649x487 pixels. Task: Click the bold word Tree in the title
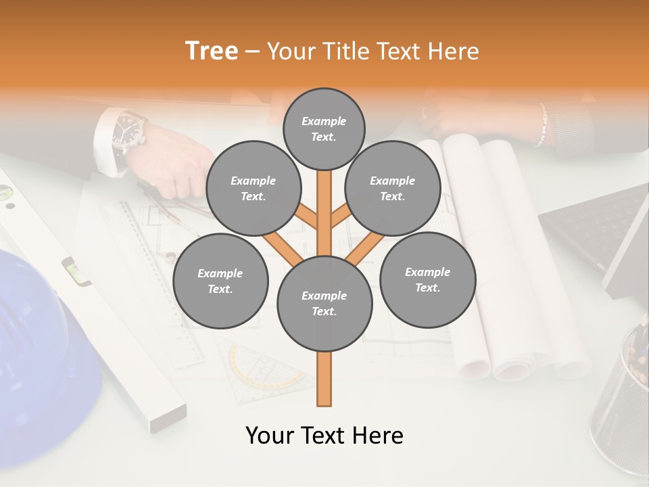click(x=212, y=51)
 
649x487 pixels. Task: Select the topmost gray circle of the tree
click(x=324, y=129)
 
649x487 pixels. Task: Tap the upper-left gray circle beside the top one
click(x=253, y=189)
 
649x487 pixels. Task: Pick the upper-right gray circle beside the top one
click(x=393, y=189)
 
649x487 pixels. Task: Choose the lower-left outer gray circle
click(x=220, y=281)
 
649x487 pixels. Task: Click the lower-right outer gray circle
click(x=428, y=279)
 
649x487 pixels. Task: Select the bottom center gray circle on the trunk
click(x=324, y=303)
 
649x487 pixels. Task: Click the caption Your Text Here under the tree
click(x=324, y=436)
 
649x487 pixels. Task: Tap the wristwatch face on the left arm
click(x=127, y=129)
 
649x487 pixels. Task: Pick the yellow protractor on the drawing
click(x=264, y=369)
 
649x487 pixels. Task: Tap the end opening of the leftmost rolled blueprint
click(x=473, y=367)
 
